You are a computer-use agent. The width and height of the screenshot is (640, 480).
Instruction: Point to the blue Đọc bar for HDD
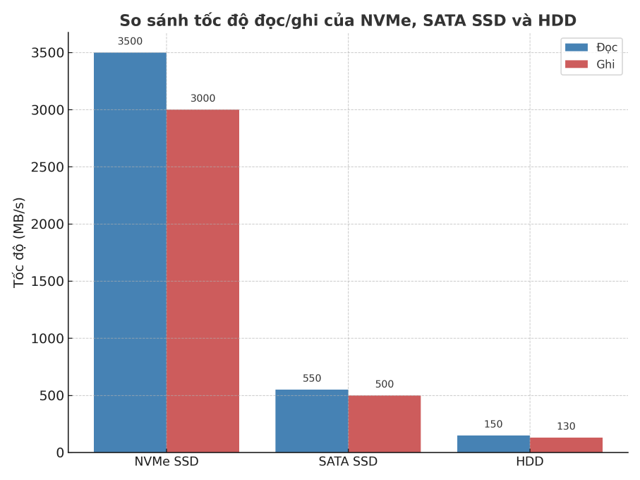coord(493,444)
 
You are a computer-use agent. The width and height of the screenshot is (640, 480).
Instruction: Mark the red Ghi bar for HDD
coord(566,445)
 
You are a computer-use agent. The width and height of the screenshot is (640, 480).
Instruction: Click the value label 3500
coord(130,42)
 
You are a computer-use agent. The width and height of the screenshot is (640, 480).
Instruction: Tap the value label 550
coord(312,378)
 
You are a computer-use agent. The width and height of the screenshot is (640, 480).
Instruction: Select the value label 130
coord(566,426)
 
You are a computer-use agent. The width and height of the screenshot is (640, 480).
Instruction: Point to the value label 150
coord(493,424)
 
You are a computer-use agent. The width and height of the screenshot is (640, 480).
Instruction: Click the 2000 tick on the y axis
coord(47,224)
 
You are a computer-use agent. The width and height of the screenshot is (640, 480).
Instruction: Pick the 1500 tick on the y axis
coord(47,282)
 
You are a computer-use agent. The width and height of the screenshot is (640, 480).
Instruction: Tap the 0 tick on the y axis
coord(60,452)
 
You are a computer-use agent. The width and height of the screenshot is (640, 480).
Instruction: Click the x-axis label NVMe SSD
coord(167,462)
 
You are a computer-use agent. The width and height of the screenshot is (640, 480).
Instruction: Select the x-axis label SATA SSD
coord(348,462)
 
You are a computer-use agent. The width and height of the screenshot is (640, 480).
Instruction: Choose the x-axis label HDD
coord(530,462)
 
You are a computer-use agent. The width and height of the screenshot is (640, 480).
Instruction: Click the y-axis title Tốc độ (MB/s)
coord(19,242)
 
